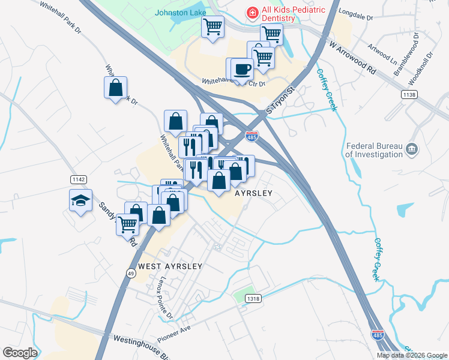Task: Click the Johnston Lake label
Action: point(180,12)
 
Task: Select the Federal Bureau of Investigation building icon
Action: point(412,149)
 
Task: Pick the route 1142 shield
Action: point(78,179)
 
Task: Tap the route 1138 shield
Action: point(409,95)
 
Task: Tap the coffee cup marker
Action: point(242,70)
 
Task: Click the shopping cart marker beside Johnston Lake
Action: point(212,28)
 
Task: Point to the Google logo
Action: point(20,352)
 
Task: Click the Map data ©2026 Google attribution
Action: point(412,355)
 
